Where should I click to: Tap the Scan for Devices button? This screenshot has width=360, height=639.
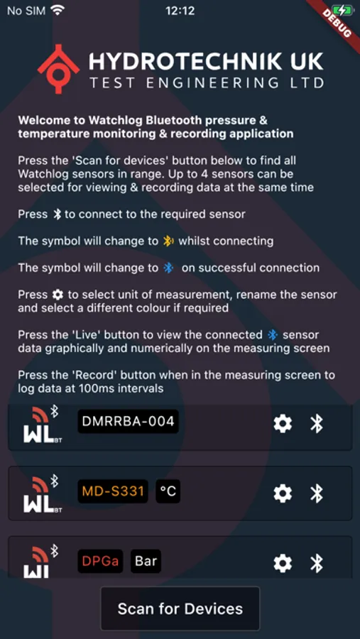(x=180, y=608)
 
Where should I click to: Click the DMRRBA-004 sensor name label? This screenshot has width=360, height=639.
(x=128, y=422)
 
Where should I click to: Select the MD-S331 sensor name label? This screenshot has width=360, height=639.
(x=113, y=491)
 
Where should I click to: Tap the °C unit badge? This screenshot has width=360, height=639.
(x=168, y=491)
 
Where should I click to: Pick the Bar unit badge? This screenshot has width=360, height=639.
(x=146, y=561)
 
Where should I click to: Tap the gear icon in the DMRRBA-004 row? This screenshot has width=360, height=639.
(x=283, y=423)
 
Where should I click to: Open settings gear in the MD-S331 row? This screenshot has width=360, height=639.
(x=283, y=493)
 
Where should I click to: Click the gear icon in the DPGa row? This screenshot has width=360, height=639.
(x=283, y=563)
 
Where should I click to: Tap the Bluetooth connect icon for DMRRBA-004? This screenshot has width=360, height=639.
(x=317, y=423)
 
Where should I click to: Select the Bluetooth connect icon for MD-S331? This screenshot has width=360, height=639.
(x=317, y=493)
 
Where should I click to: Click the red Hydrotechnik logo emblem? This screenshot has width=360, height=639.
(x=58, y=69)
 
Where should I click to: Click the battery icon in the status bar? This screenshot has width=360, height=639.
(x=344, y=11)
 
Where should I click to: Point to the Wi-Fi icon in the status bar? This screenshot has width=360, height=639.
(x=58, y=11)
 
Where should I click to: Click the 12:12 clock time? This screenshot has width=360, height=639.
(x=180, y=11)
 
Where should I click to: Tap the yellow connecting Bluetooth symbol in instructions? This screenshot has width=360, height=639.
(x=168, y=241)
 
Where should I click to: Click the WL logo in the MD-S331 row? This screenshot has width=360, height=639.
(x=44, y=493)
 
